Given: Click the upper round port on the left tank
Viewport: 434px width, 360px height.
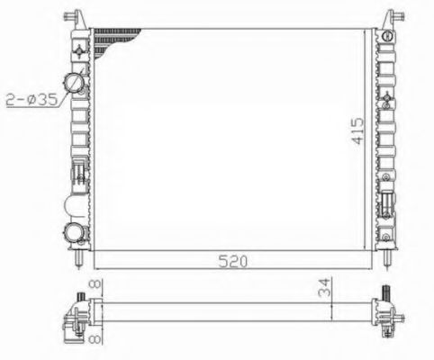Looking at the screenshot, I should tap(78, 84).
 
